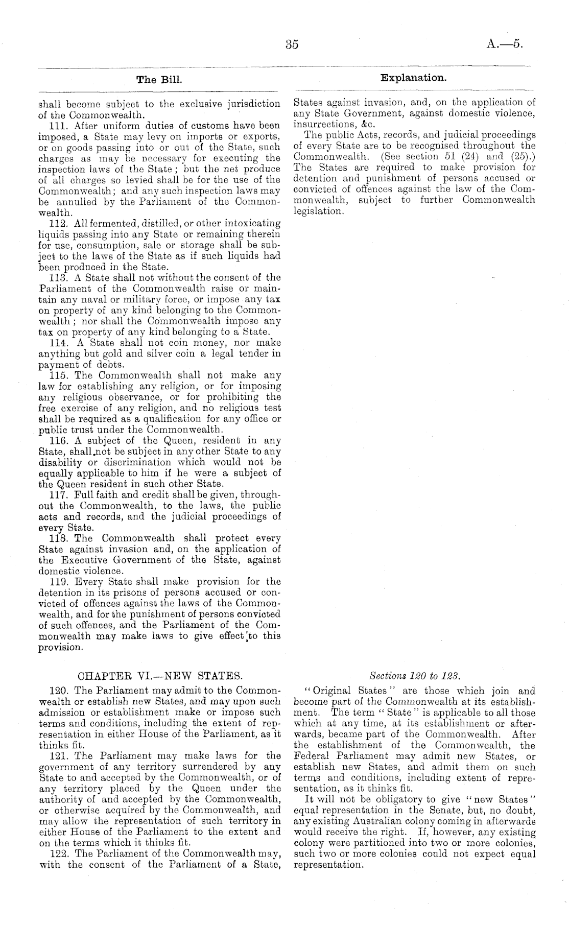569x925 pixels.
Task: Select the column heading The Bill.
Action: [x=159, y=80]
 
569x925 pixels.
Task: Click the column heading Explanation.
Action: [x=413, y=78]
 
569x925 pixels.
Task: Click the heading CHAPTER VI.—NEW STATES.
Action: [x=159, y=677]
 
